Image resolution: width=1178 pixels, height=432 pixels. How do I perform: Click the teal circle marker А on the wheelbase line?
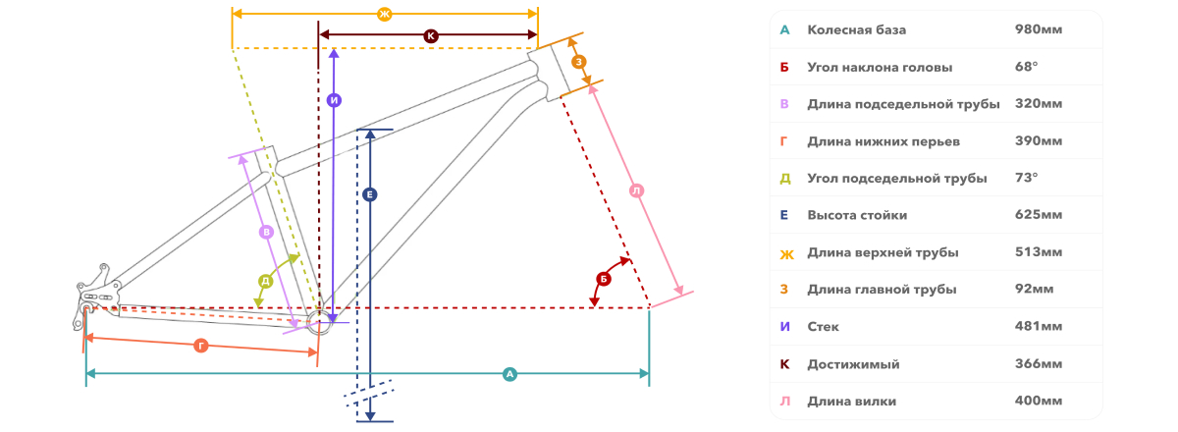509,374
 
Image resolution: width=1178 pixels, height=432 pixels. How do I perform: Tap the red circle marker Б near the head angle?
603,279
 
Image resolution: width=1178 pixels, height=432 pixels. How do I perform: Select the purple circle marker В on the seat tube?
267,232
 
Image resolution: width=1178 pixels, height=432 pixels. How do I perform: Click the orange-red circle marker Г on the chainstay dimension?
201,346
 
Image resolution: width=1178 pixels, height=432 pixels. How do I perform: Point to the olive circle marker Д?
266,281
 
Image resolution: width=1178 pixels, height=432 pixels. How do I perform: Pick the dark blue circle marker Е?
370,194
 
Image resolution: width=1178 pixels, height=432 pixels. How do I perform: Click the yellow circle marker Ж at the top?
385,14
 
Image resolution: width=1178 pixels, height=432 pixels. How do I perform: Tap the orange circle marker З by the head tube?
578,62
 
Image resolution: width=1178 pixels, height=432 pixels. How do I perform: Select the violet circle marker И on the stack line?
334,100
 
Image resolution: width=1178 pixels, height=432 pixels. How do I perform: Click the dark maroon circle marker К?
431,35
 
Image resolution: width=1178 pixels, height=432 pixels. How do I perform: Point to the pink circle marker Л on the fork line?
637,190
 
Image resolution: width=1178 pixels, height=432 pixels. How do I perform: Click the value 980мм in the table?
1039,29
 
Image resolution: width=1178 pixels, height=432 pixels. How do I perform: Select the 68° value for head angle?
1026,67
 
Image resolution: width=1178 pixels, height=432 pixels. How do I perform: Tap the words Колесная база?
857,30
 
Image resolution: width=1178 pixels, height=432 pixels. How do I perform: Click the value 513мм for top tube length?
1039,252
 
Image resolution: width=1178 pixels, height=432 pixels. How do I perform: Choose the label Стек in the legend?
823,327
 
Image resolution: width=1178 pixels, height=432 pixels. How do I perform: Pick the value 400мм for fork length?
1039,401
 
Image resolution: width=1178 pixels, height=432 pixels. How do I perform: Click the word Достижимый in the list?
853,364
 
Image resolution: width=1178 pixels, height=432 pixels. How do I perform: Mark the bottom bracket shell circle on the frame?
319,323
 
